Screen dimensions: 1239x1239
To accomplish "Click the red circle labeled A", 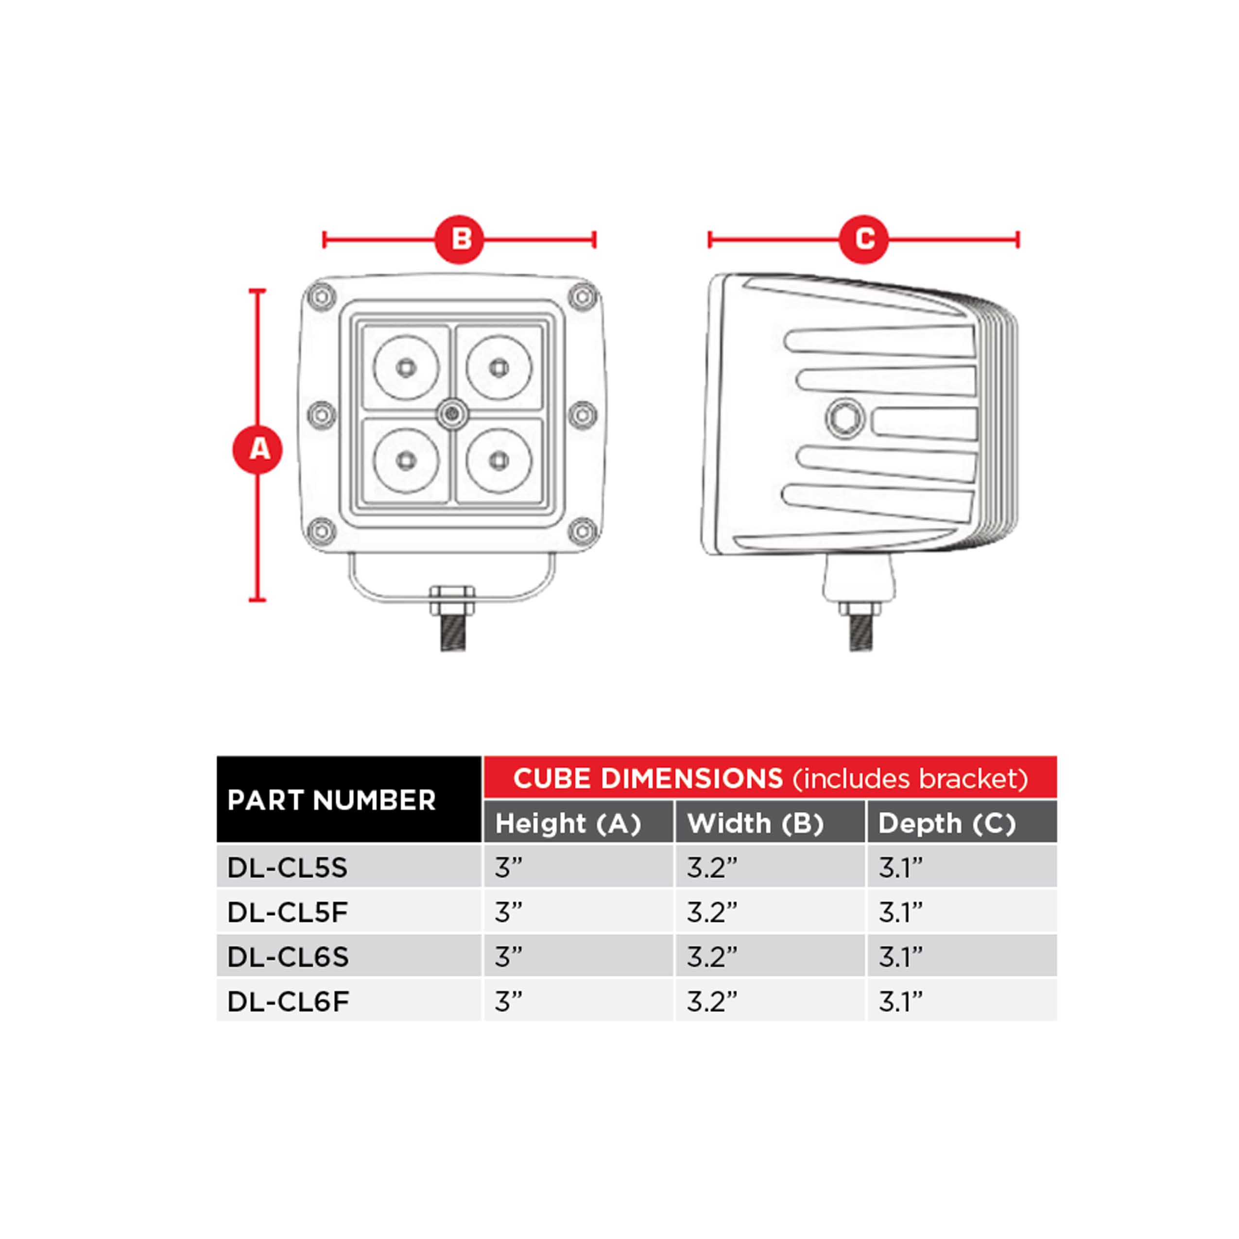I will coord(257,449).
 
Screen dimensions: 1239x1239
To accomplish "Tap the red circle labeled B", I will coord(459,240).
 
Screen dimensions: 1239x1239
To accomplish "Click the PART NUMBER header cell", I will coord(331,800).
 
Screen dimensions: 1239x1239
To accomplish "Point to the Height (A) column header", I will coord(568,823).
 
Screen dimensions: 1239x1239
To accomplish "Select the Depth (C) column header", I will coord(946,823).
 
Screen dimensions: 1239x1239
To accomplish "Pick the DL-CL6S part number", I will coord(288,957).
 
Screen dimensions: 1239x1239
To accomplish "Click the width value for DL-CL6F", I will coord(712,1001).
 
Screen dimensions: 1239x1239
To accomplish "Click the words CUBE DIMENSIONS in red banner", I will coord(648,778).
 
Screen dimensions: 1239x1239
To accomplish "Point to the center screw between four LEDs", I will coord(453,415).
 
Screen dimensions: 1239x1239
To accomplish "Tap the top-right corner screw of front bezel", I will coord(582,296).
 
